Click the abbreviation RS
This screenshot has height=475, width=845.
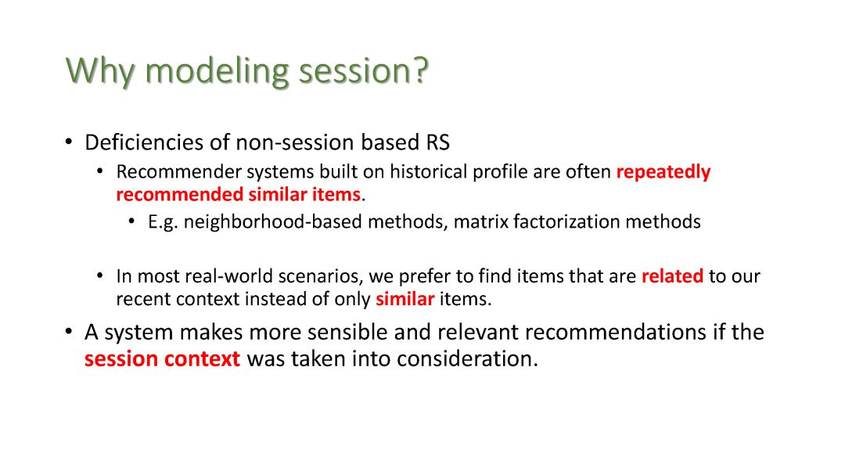(437, 142)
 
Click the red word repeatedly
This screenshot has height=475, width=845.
(663, 172)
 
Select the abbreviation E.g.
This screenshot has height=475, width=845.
(163, 222)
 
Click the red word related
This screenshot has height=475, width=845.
(672, 276)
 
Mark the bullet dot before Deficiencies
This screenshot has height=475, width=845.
(68, 142)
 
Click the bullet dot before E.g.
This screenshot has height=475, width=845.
(131, 221)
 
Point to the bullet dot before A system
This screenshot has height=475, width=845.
(68, 331)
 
